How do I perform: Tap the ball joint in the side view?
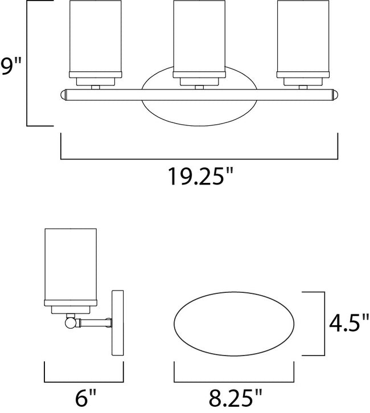click(x=69, y=322)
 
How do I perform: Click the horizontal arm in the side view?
click(x=94, y=323)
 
